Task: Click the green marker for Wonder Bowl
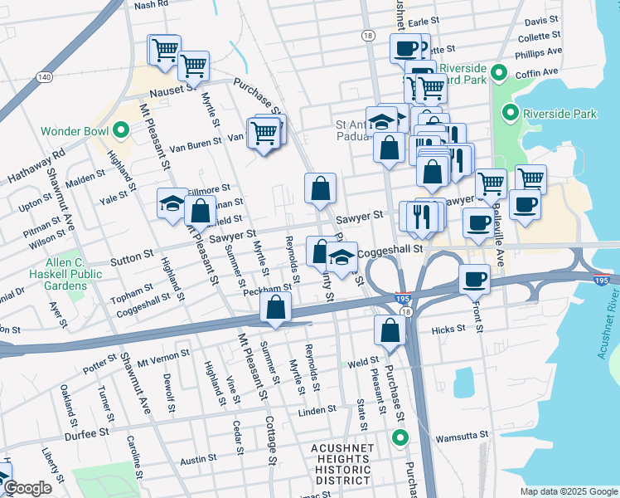tap(120, 130)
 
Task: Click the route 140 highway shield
tap(44, 76)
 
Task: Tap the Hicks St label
tap(448, 330)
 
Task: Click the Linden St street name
tap(317, 409)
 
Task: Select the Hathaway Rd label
tap(36, 167)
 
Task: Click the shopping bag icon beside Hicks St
tap(390, 330)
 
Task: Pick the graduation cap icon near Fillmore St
tap(172, 203)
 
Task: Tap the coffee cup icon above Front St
tap(474, 279)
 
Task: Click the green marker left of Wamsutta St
tap(401, 438)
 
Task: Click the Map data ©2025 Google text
tap(568, 491)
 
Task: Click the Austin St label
tap(198, 457)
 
